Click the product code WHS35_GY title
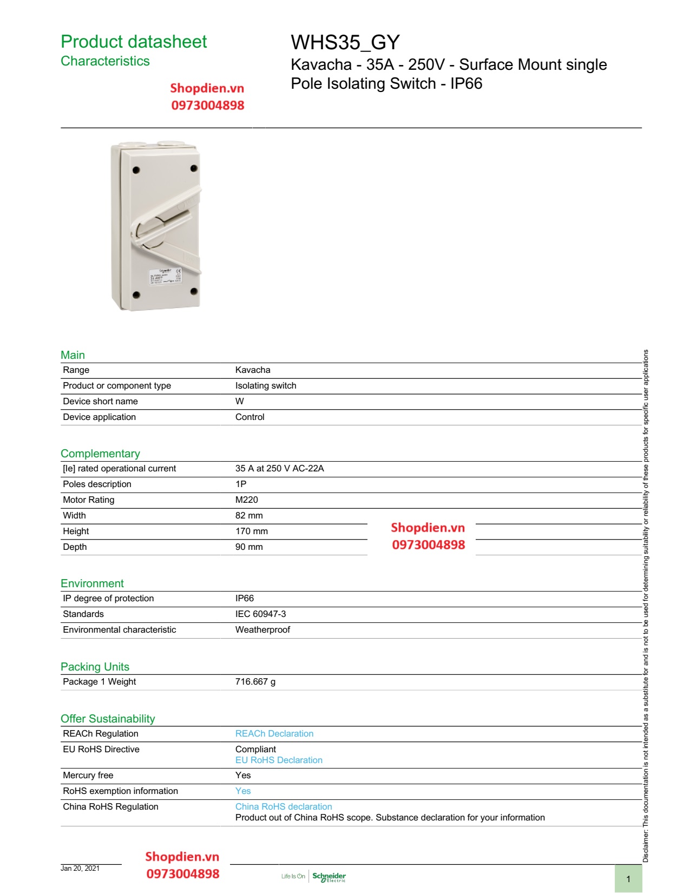345,42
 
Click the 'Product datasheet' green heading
134,42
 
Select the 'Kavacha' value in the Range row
253,370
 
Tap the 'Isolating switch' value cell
266,386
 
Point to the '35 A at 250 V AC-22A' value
279,469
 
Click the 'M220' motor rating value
247,500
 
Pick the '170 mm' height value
252,531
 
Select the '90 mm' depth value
249,547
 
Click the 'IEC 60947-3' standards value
260,614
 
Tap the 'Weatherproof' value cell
262,630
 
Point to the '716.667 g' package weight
255,682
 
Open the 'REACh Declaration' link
274,734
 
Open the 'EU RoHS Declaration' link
279,760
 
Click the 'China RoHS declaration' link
284,807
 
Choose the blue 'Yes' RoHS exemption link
243,791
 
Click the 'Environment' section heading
92,583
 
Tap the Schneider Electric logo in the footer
329,877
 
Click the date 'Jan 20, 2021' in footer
80,869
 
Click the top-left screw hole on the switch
136,170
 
